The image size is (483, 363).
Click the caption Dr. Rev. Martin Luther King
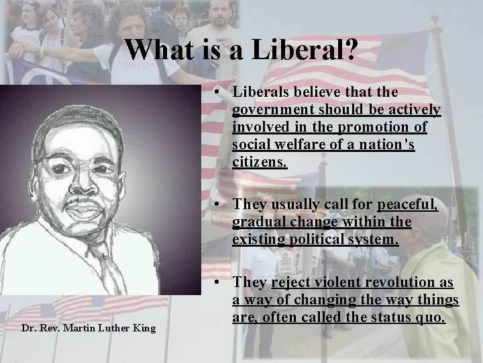(78, 327)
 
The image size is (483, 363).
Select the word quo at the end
(432, 318)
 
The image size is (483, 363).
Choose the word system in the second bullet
(376, 240)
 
